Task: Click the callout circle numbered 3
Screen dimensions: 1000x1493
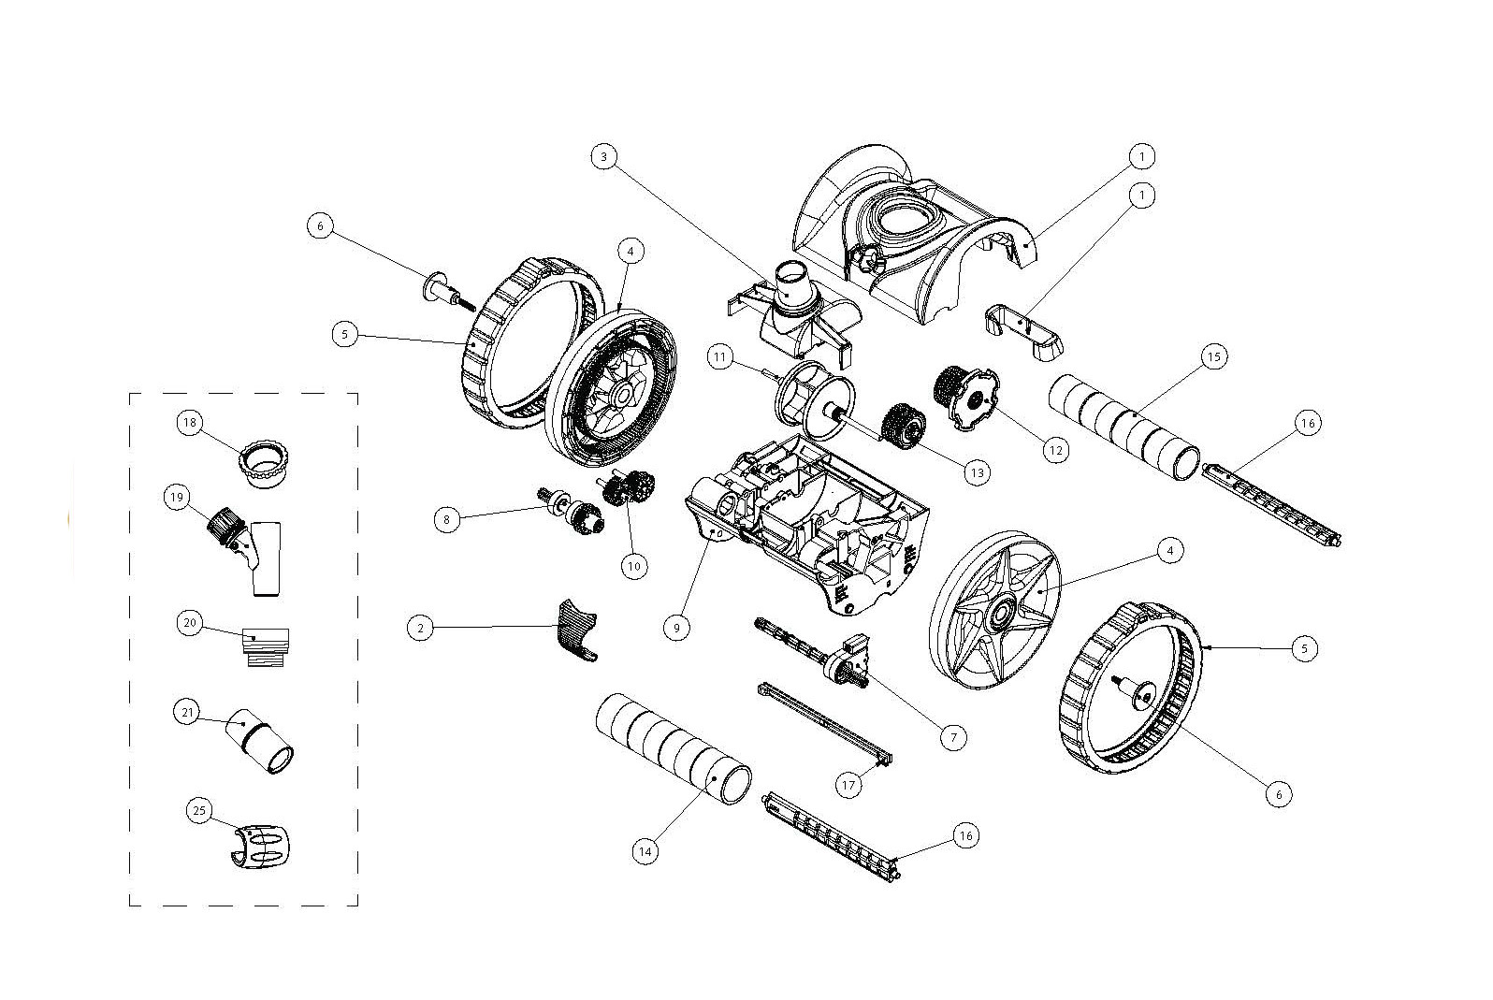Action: [604, 157]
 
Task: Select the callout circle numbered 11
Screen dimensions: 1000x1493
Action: [718, 356]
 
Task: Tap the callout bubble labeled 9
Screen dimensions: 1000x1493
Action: [676, 628]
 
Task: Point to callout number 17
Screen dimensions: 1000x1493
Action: [848, 785]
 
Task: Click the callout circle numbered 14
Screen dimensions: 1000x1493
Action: [644, 852]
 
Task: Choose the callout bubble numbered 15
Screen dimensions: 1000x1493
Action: [1213, 356]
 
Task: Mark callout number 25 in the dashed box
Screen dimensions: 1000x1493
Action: [198, 811]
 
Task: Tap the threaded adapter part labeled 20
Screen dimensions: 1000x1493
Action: [265, 645]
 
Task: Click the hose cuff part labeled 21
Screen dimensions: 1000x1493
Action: [262, 742]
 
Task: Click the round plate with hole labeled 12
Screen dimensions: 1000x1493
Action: [973, 399]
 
